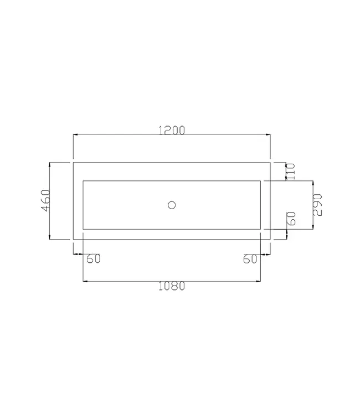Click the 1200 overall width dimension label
(171, 130)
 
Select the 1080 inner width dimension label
(171, 287)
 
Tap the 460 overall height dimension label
(45, 200)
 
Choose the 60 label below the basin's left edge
(93, 259)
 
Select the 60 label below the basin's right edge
(250, 259)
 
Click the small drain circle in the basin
(172, 205)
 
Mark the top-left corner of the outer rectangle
(74, 163)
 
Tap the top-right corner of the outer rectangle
(270, 163)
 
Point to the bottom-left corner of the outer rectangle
(74, 239)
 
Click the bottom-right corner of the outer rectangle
(270, 239)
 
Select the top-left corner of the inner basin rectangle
(83, 181)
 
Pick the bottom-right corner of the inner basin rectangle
(260, 229)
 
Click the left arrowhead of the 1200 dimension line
(76, 134)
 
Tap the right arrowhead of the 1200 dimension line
(268, 134)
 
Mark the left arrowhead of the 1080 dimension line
(85, 281)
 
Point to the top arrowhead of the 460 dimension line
(50, 165)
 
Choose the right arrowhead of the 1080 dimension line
(258, 281)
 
